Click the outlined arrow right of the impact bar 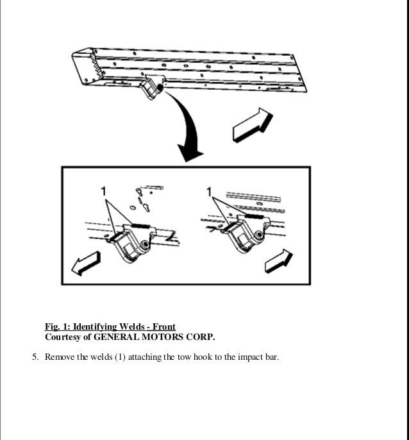251,123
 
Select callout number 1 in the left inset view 103,191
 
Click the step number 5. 35,357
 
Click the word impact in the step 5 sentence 251,357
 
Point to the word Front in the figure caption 163,326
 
